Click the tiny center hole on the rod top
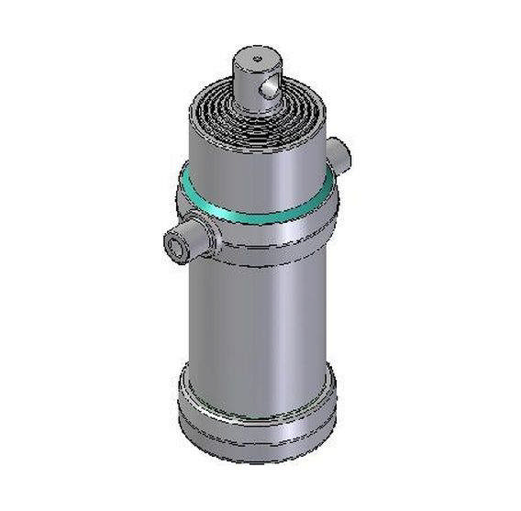pos(257,56)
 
